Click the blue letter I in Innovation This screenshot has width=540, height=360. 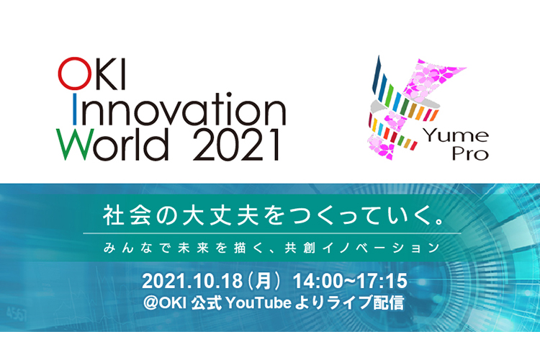74,109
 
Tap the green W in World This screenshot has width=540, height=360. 76,145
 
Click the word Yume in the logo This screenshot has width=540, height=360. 456,135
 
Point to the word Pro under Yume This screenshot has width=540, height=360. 470,153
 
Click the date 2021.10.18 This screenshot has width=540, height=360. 192,281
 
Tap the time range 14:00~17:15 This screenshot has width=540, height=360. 350,281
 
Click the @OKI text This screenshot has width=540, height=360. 165,303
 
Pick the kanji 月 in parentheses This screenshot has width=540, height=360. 264,281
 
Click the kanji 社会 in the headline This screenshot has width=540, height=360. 127,215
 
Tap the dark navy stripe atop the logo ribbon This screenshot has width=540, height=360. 376,74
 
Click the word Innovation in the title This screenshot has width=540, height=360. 179,109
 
